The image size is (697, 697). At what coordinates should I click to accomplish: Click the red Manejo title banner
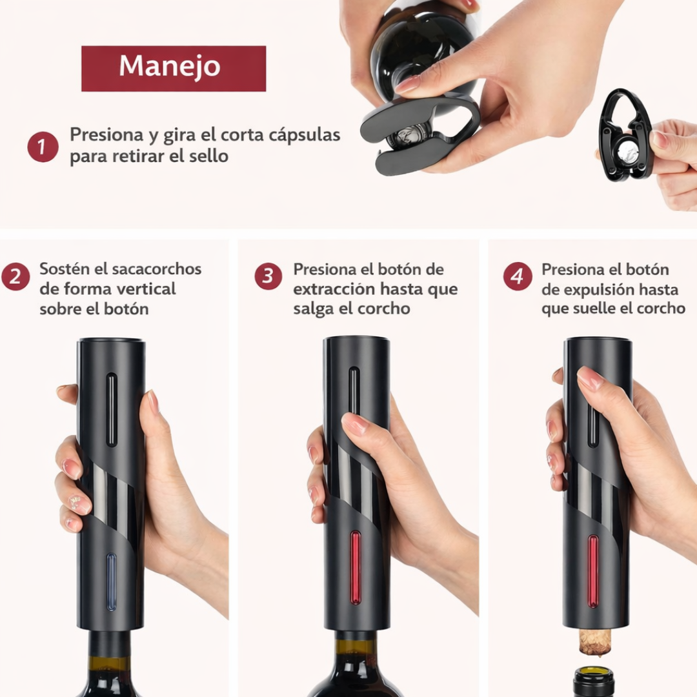(173, 68)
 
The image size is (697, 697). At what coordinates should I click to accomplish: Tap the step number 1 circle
(43, 147)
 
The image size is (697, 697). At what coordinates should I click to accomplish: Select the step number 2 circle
(15, 277)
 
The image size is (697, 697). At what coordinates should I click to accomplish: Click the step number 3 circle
(268, 276)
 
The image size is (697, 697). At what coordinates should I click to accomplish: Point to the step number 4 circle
(518, 276)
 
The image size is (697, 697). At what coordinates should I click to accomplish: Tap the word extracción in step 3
(333, 288)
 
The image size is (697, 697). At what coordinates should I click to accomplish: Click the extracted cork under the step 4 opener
(594, 641)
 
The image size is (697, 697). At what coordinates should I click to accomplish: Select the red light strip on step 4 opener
(592, 571)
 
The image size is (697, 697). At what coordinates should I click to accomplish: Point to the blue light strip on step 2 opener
(111, 581)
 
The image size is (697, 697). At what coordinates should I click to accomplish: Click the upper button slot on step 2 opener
(112, 409)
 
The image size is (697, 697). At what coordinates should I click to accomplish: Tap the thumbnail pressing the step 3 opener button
(354, 422)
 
